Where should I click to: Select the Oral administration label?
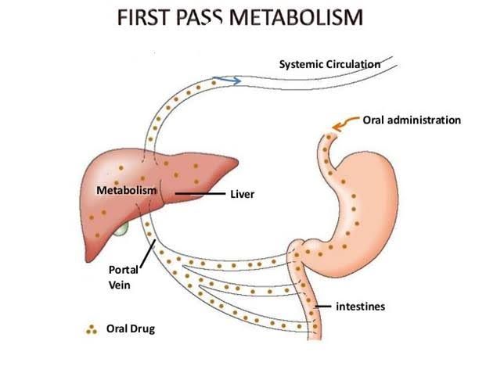[412, 120]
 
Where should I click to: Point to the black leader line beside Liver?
[200, 192]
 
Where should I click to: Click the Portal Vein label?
[123, 277]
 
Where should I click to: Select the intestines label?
[361, 307]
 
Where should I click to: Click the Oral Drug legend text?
[131, 328]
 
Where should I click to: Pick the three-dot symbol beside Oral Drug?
[92, 329]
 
